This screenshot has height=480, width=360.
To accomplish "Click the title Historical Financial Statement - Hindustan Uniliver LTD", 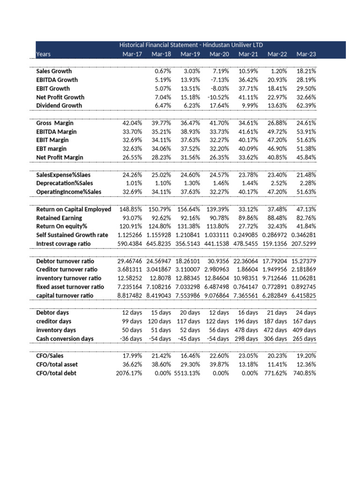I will pyautogui.click(x=191, y=45).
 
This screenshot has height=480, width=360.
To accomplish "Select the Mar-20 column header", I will pyautogui.click(x=219, y=54).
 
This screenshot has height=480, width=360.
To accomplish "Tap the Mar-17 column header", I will pyautogui.click(x=132, y=54).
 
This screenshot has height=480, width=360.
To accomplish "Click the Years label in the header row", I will pyautogui.click(x=44, y=54).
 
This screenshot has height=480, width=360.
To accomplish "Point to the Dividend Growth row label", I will pyautogui.click(x=59, y=105).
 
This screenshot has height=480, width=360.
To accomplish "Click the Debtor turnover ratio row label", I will pyautogui.click(x=65, y=261).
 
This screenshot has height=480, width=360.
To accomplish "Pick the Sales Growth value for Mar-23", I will pyautogui.click(x=306, y=71).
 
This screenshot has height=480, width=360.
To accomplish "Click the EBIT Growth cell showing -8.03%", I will pyautogui.click(x=218, y=89).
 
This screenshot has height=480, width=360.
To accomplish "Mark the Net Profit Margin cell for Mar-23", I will pyautogui.click(x=306, y=157).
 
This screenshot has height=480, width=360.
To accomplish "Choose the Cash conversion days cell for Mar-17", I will pyautogui.click(x=129, y=338).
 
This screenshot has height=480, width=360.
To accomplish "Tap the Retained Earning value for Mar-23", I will pyautogui.click(x=306, y=218).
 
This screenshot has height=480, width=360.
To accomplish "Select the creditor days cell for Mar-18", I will pyautogui.click(x=158, y=321).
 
